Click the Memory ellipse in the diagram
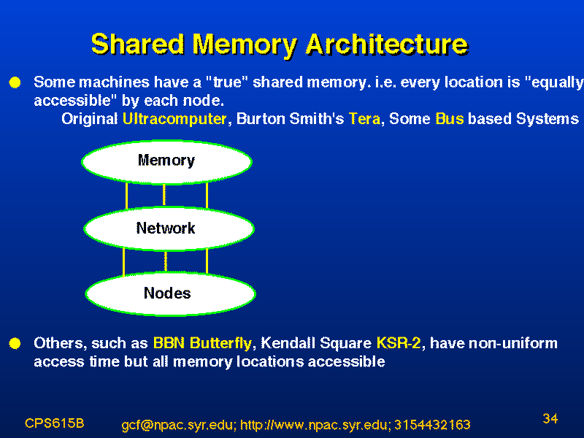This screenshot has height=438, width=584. click(167, 162)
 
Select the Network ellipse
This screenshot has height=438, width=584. click(169, 228)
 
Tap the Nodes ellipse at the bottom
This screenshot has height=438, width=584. click(171, 294)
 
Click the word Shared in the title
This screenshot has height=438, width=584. click(138, 45)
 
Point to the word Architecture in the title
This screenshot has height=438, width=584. click(387, 45)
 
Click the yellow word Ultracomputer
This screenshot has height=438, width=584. click(174, 119)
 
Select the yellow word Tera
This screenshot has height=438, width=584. click(364, 119)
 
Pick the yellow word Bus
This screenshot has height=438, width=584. click(450, 119)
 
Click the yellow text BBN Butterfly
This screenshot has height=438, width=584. click(203, 343)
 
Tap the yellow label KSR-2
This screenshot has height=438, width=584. click(399, 343)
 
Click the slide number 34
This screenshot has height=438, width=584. click(550, 418)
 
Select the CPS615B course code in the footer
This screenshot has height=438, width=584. click(54, 423)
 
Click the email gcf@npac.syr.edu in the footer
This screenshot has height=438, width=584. click(178, 425)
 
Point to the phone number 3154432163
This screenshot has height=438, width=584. click(432, 425)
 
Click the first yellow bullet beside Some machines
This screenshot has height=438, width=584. click(15, 82)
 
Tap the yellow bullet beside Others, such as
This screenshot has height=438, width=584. click(15, 343)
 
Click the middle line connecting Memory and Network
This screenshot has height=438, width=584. click(164, 195)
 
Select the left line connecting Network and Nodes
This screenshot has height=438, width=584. click(123, 262)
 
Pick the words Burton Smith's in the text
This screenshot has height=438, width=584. click(290, 119)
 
